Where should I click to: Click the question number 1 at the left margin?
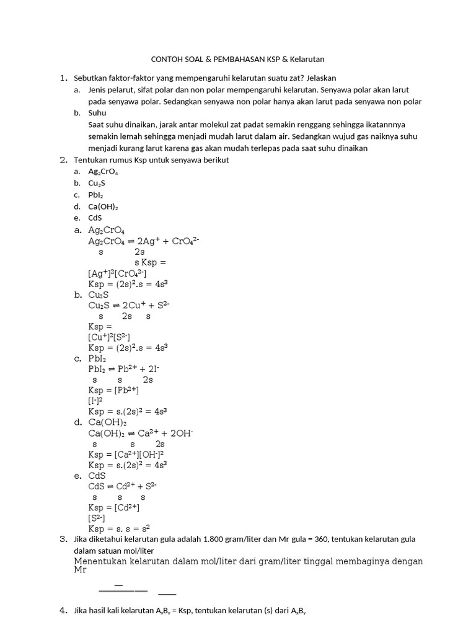coord(63,78)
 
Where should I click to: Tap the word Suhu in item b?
coord(97,113)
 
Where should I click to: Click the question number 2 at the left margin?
coord(63,159)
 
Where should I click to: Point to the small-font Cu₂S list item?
coord(97,183)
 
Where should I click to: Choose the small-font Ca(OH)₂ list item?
coord(103,206)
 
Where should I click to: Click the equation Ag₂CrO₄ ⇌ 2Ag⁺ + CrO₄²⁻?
coord(143,241)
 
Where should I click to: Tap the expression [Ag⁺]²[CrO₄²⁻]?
coord(118,273)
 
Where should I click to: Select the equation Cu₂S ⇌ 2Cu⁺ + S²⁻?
coord(129,305)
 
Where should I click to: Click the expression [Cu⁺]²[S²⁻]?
coord(109,337)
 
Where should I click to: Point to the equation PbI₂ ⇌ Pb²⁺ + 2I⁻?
coord(124,369)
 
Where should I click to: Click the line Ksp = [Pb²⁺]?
coord(113,390)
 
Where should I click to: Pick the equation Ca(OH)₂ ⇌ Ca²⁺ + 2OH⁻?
coord(141,433)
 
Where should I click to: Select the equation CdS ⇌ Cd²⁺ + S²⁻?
coord(122,486)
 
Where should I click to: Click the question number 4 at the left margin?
coord(63,611)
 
